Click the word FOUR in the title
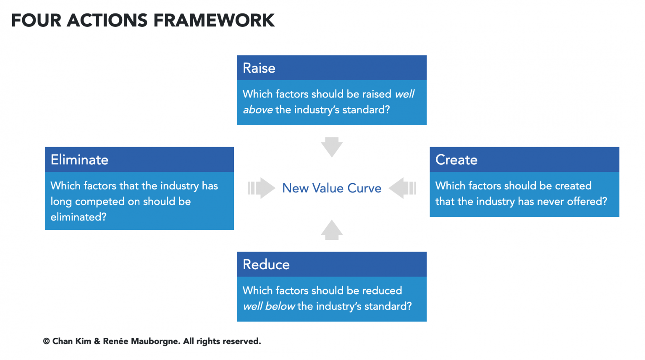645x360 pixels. coord(36,21)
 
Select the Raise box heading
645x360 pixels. coord(259,68)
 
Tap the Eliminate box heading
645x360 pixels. coord(79,160)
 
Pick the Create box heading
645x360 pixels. coord(456,160)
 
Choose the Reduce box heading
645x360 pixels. coord(266,265)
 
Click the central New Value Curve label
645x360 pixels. coord(331,188)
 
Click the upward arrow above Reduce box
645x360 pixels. coord(332,230)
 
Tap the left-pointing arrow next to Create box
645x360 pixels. coord(402,188)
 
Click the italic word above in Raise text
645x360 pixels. coord(257,110)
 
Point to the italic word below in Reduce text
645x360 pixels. coord(280,306)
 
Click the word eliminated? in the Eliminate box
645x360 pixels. coord(79,217)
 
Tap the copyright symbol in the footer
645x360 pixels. coord(46,342)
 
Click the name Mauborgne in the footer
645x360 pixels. coord(155,342)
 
